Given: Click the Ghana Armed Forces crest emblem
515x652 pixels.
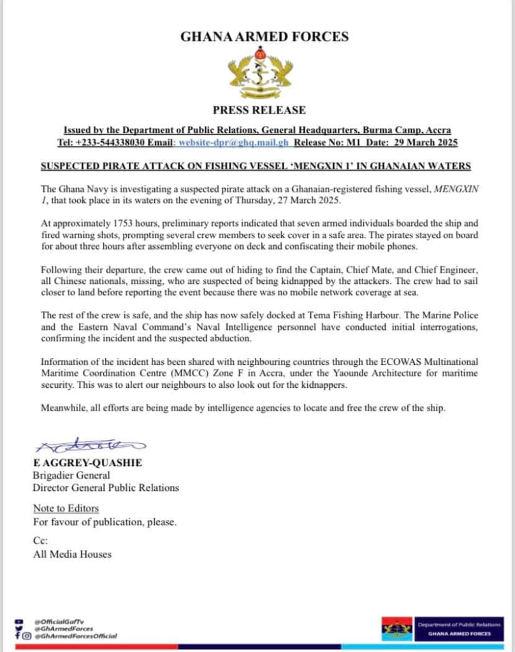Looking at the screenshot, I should tap(260, 74).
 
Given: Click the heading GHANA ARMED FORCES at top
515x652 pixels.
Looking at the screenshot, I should tap(265, 36).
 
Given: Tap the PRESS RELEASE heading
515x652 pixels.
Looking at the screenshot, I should tap(259, 110).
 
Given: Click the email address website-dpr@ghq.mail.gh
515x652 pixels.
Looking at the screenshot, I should tap(233, 143).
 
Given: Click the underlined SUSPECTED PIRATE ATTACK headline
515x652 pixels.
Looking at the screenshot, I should tap(256, 166).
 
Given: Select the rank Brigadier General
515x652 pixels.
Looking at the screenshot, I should tap(71, 475).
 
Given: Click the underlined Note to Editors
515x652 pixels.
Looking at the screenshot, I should tap(66, 508).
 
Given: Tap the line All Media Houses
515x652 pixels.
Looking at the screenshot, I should tap(72, 554).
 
